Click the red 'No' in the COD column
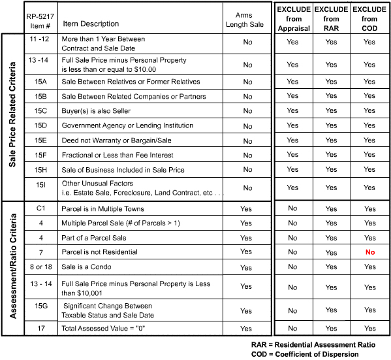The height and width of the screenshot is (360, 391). click(369, 252)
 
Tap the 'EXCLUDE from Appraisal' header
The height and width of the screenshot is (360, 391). click(293, 20)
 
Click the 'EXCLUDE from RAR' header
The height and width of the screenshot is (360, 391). click(331, 20)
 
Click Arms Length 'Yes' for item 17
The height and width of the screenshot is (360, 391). click(246, 329)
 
